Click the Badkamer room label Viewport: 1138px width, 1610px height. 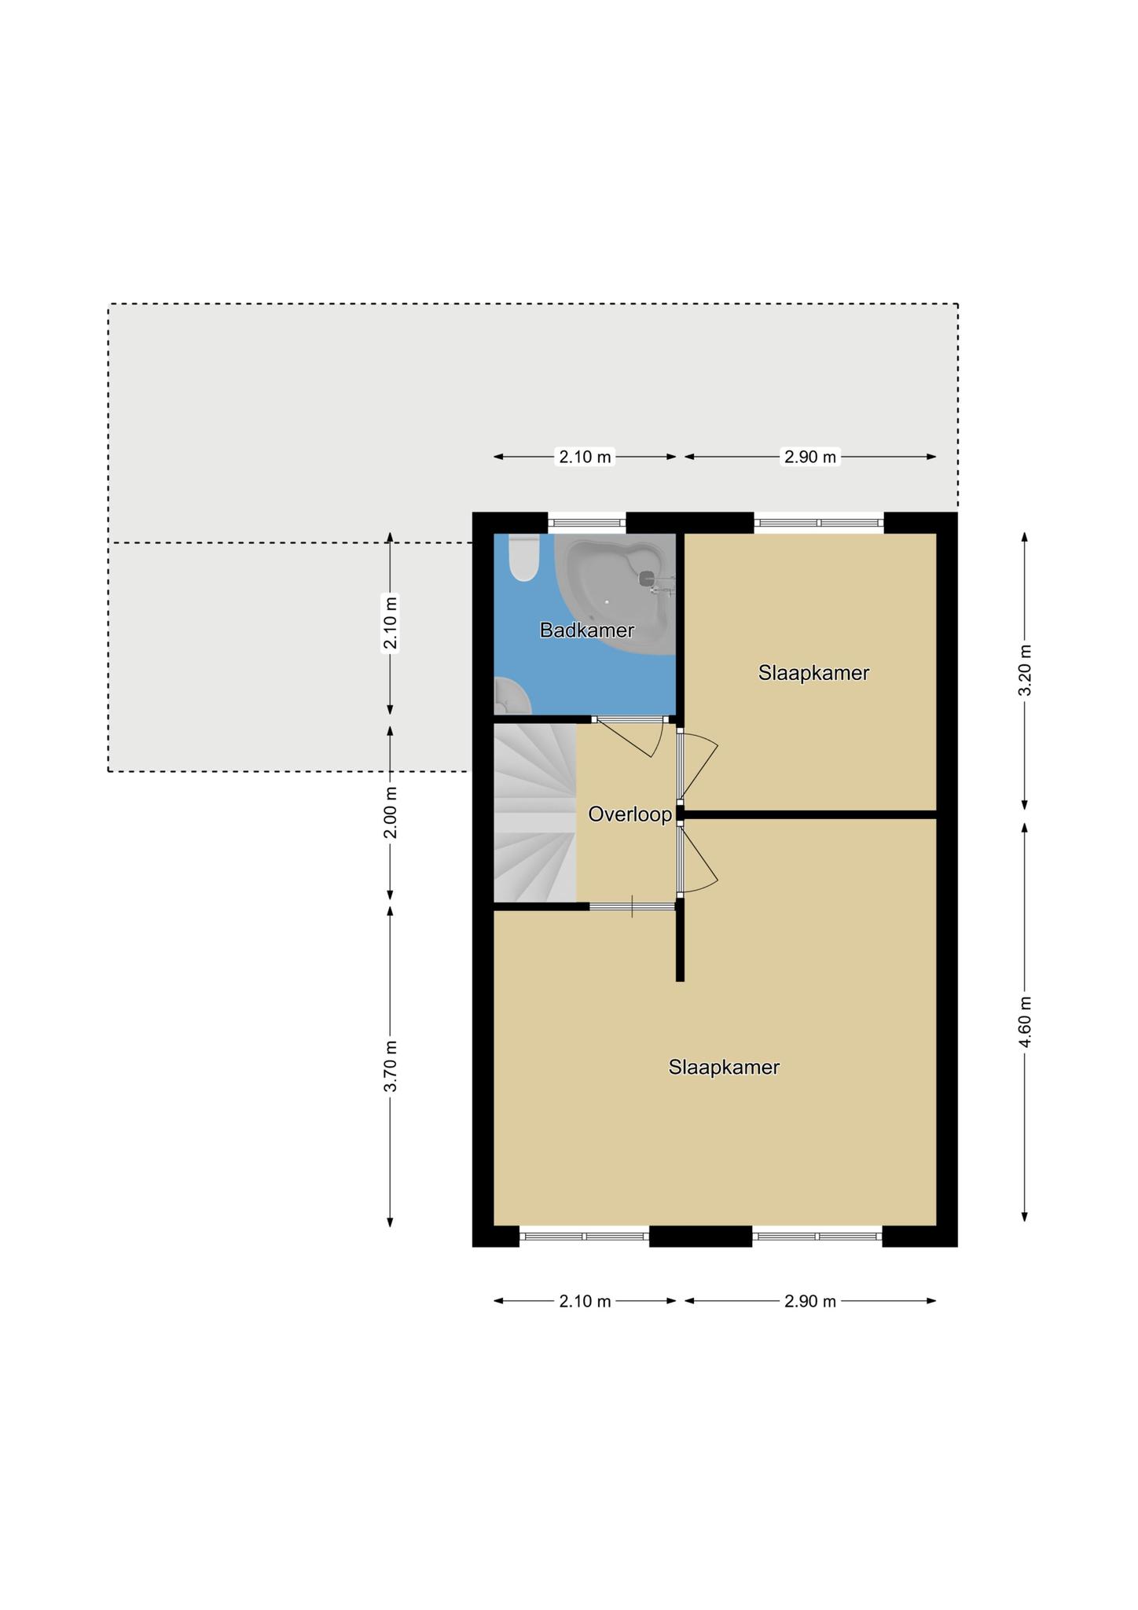click(x=586, y=630)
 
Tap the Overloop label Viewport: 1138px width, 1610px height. click(x=630, y=814)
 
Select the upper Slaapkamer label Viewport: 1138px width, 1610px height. click(x=813, y=673)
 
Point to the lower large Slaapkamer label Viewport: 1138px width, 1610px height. click(x=724, y=1067)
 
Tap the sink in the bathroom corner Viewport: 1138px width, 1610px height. click(x=511, y=695)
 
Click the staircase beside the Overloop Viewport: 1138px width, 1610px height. click(x=535, y=812)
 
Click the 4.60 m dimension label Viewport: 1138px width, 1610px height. click(x=1025, y=1022)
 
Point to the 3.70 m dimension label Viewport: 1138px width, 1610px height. click(x=391, y=1065)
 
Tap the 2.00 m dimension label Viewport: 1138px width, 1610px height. click(x=391, y=812)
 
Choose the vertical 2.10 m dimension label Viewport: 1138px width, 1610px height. click(x=391, y=623)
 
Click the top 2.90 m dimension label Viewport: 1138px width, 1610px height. click(x=810, y=457)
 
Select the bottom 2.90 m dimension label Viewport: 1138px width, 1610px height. click(x=810, y=1301)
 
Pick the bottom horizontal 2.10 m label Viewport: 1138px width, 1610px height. click(x=585, y=1301)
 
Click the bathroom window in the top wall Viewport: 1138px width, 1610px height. click(x=586, y=522)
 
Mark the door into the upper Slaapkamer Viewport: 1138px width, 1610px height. click(x=698, y=766)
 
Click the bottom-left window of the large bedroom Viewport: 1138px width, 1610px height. click(x=584, y=1237)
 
